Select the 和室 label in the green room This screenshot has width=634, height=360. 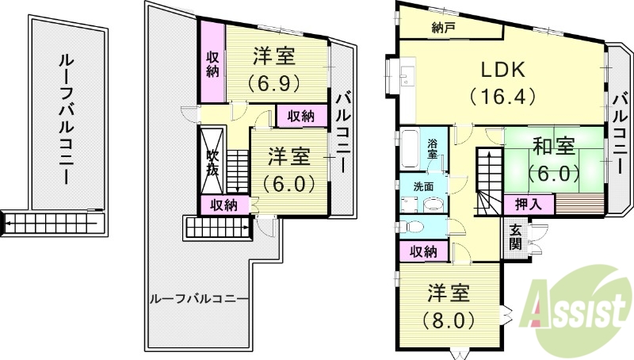click(553, 147)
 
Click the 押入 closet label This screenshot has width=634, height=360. click(529, 205)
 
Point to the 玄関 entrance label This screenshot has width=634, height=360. click(515, 236)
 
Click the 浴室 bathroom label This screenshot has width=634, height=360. click(433, 149)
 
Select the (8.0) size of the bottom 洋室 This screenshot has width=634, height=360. click(449, 320)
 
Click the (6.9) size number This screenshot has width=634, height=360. click(275, 82)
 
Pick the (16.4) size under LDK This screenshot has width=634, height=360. click(502, 96)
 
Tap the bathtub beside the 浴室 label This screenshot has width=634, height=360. click(411, 149)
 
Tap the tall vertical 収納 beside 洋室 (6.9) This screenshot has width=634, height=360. click(212, 63)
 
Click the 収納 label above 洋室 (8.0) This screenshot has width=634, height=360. click(423, 252)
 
